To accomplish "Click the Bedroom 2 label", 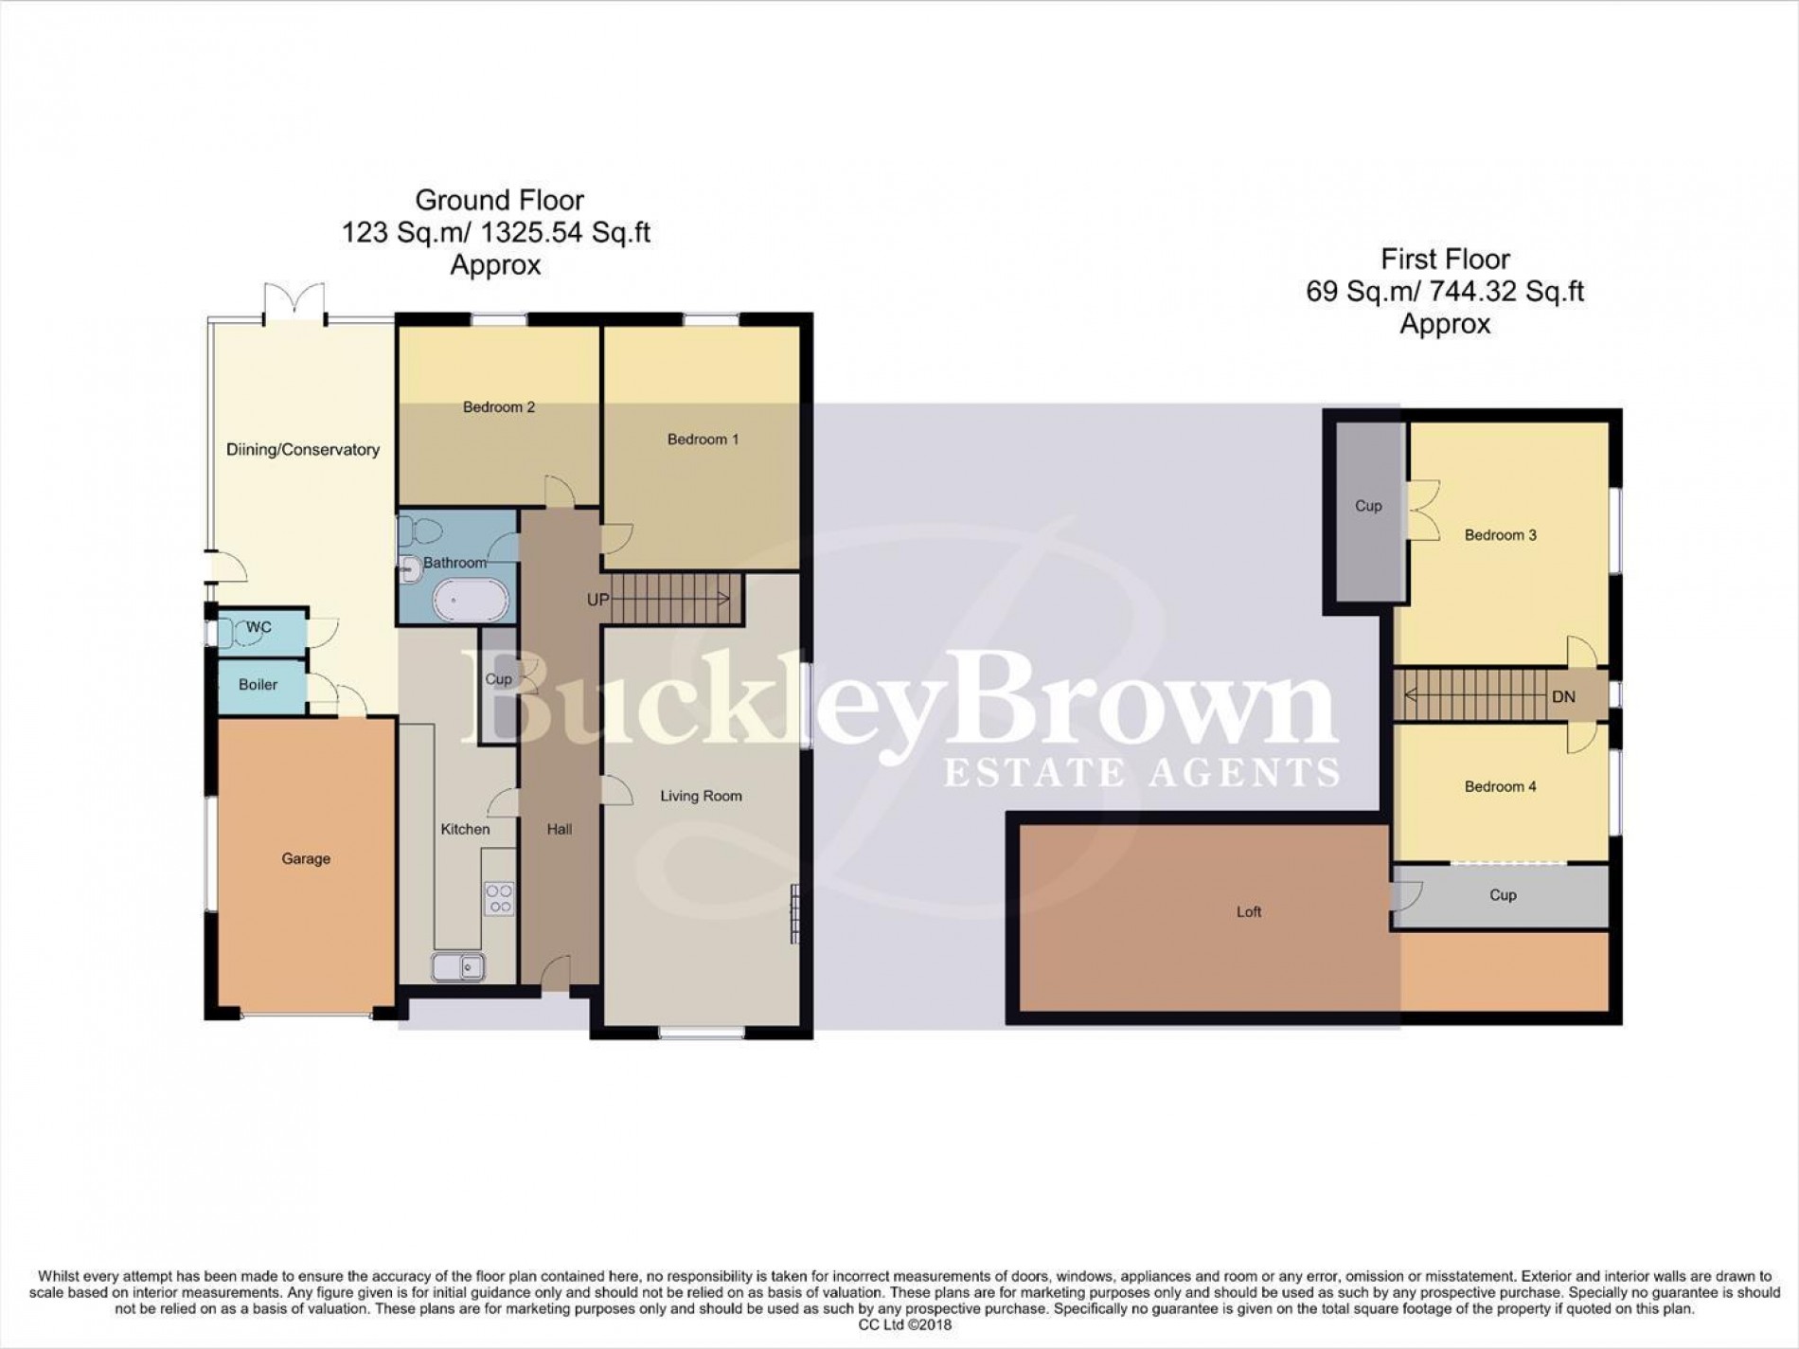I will click(x=498, y=407).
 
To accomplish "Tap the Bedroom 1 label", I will click(x=703, y=440).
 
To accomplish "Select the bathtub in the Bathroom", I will click(x=471, y=601).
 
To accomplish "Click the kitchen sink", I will click(x=458, y=967).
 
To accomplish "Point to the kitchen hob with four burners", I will click(x=499, y=898).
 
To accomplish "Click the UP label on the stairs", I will click(x=597, y=600).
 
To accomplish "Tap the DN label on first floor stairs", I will click(x=1563, y=697).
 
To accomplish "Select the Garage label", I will click(x=306, y=859).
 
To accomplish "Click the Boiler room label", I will click(x=258, y=685).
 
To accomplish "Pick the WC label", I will click(x=258, y=627).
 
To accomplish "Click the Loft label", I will click(x=1249, y=912).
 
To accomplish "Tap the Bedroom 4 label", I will click(x=1500, y=786).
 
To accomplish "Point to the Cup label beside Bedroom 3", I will click(x=1368, y=506).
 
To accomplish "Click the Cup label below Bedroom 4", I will click(x=1503, y=895).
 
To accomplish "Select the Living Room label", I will click(x=701, y=797).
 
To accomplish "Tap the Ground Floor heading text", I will click(x=499, y=201).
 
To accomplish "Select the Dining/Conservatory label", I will click(x=302, y=450).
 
